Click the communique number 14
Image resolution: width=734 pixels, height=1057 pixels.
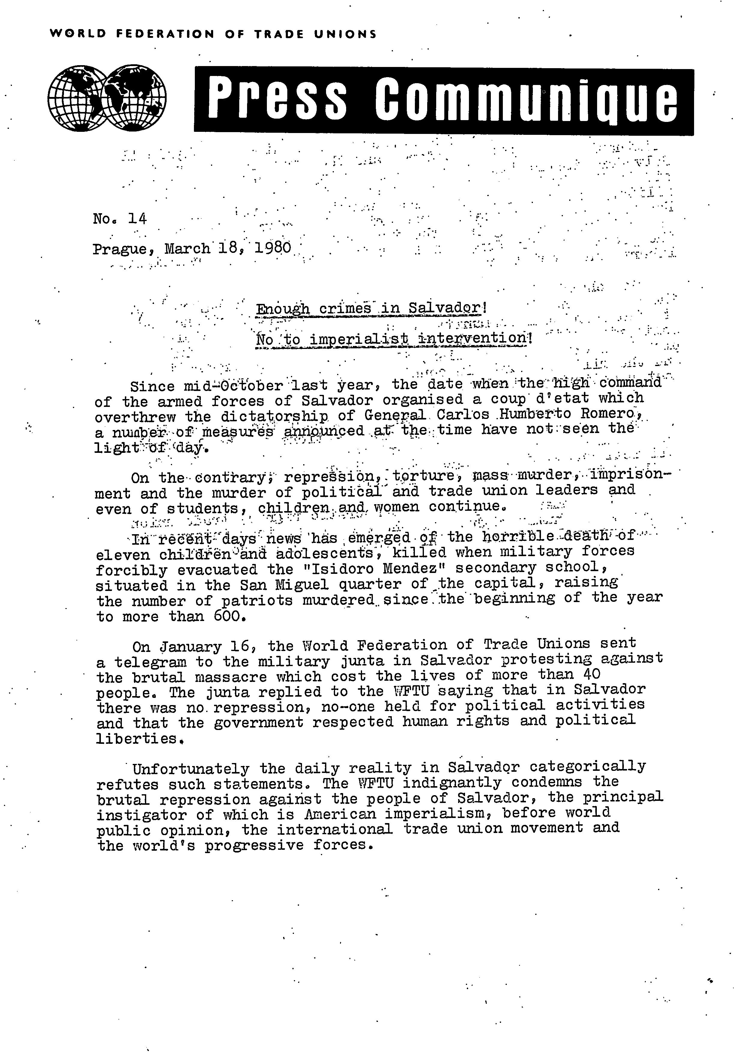coord(137,219)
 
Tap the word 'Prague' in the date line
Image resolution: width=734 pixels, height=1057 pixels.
coord(122,249)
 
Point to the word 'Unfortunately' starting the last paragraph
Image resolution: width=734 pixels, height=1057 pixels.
coord(190,768)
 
